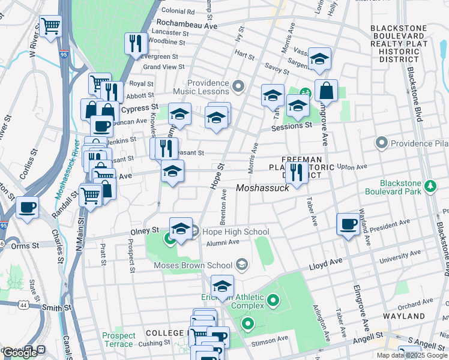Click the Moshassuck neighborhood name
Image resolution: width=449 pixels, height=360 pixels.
click(262, 188)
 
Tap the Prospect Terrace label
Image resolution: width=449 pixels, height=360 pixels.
click(118, 340)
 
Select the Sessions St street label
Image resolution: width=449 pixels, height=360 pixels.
click(292, 126)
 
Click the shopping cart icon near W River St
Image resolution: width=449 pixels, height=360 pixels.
click(51, 26)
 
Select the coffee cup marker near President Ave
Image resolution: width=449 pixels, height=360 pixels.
click(348, 224)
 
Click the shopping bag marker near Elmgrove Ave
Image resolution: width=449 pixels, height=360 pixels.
click(326, 91)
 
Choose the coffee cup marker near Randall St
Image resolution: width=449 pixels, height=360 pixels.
click(27, 208)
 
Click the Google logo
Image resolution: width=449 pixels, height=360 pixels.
click(20, 352)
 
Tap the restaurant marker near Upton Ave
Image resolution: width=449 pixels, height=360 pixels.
click(296, 173)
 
